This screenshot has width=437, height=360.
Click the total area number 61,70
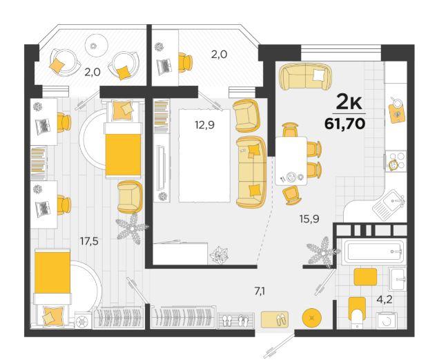click(344, 124)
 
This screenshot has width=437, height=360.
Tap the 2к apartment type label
click(349, 103)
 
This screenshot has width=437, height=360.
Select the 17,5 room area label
click(89, 241)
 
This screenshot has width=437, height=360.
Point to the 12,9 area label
click(204, 125)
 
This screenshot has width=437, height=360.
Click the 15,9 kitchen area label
click(309, 219)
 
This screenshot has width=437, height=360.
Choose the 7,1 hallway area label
click(260, 292)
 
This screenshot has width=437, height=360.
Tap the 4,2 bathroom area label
click(385, 300)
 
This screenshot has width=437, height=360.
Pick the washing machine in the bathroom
click(387, 321)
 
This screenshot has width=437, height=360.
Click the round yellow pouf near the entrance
click(312, 317)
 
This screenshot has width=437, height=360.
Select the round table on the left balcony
click(97, 46)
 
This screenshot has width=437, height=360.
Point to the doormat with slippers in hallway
click(275, 319)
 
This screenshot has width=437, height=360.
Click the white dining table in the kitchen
click(291, 161)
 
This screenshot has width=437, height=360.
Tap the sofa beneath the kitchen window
click(306, 77)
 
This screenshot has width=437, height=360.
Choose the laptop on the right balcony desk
click(164, 67)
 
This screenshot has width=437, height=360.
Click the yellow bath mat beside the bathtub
click(365, 276)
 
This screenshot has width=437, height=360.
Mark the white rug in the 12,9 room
click(204, 155)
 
